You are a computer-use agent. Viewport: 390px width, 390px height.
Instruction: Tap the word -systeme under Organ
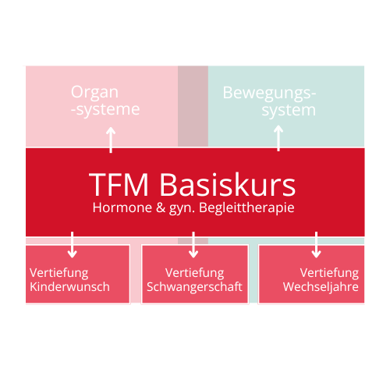[x=105, y=110]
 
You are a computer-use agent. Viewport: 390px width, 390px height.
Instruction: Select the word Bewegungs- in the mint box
[x=270, y=93]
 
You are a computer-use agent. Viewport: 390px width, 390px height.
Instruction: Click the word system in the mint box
[x=289, y=110]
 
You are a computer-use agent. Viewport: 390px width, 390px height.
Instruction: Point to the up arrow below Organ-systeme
[x=111, y=140]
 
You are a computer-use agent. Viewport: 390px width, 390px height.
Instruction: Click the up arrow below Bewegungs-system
[x=279, y=138]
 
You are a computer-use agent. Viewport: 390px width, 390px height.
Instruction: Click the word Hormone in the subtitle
[x=119, y=208]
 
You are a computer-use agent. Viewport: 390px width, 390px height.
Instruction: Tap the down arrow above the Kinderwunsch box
[x=73, y=244]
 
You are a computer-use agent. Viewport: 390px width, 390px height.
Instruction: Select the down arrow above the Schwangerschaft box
[x=193, y=244]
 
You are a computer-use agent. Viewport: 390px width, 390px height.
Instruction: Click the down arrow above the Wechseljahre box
[x=316, y=244]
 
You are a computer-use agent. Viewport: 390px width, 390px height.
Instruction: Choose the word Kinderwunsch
[x=69, y=287]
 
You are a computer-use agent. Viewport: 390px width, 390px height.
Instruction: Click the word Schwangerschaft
[x=194, y=287]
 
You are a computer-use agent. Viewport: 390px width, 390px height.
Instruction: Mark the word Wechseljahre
[x=321, y=287]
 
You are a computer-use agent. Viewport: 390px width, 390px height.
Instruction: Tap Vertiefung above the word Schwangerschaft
[x=194, y=273]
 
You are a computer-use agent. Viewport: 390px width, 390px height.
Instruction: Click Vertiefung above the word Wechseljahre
[x=329, y=273]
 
